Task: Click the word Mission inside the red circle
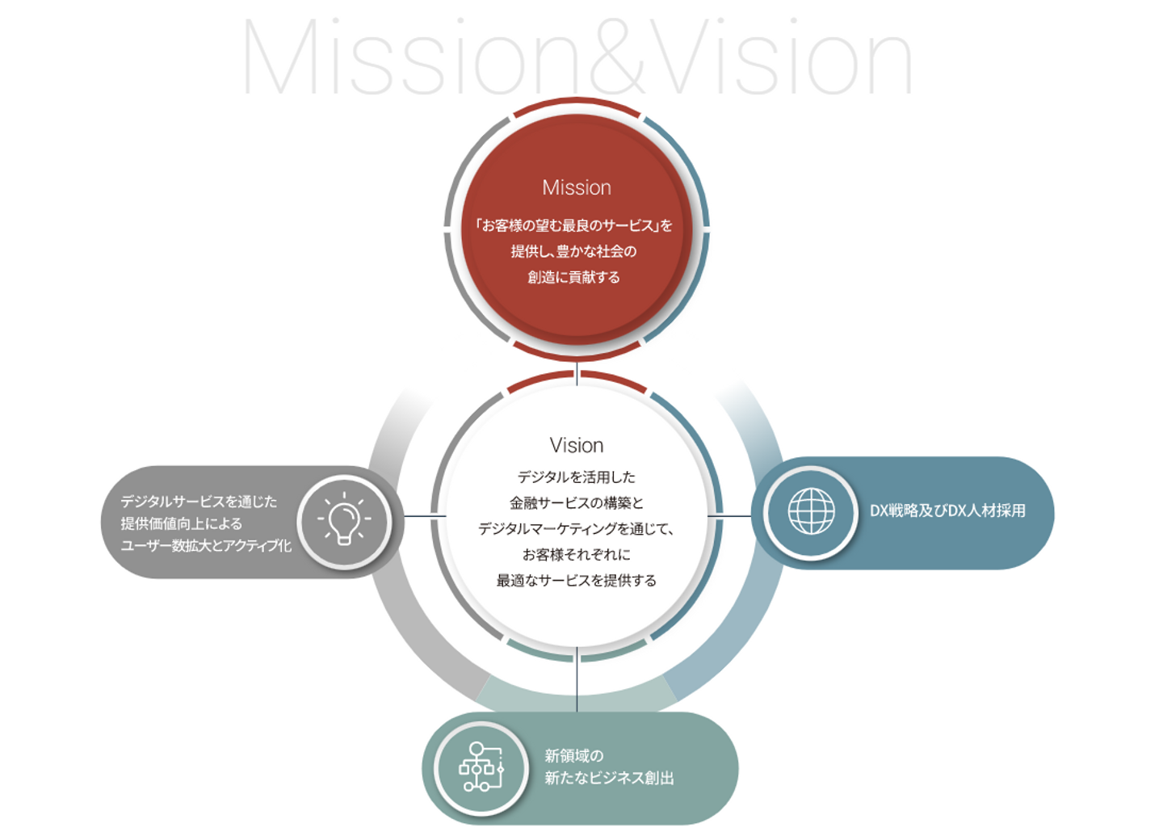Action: coord(576,187)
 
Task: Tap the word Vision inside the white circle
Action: coord(576,445)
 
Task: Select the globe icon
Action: coord(811,511)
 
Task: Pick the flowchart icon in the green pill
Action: coord(481,767)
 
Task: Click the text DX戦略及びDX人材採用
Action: coord(947,511)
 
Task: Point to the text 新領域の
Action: coord(573,755)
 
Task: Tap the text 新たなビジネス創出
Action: coord(609,778)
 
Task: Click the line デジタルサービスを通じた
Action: coord(199,502)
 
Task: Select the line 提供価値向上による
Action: coord(181,523)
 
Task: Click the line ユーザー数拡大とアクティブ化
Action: coord(206,545)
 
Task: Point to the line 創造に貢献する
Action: coord(573,277)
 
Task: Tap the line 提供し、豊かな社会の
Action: coord(573,251)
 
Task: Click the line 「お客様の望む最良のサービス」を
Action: coord(573,225)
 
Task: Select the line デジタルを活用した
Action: coord(576,477)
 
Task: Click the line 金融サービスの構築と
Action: coord(576,502)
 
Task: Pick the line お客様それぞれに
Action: coord(576,554)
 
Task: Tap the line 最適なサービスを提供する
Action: coord(576,580)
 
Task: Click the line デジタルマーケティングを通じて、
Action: coord(576,528)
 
